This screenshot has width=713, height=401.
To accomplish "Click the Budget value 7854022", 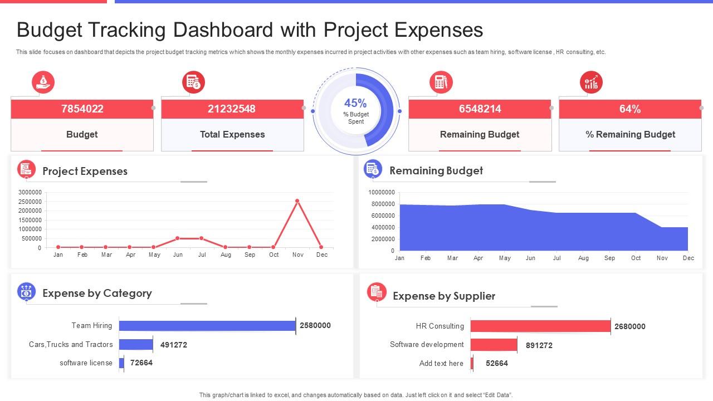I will tap(82, 109).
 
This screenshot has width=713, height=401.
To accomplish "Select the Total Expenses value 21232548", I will tap(232, 109).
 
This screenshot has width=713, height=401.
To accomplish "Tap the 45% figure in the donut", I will tap(355, 103).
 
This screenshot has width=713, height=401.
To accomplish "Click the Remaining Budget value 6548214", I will tap(480, 109).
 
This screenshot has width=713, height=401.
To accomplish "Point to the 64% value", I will tap(630, 109).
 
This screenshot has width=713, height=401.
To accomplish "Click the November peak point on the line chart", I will tap(297, 200).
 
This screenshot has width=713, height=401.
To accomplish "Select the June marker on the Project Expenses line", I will tap(178, 238).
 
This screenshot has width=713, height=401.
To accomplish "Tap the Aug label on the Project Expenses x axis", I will tap(226, 255).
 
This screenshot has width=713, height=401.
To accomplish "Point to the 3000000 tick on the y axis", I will tap(30, 192).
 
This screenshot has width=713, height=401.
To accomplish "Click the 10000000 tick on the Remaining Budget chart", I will tap(382, 192).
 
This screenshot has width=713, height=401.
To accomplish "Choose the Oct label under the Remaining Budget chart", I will tap(636, 258).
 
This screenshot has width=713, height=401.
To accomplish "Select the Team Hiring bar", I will tap(207, 326).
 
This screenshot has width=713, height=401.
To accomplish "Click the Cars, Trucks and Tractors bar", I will tap(136, 345).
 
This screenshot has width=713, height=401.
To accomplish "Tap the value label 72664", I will tap(141, 363).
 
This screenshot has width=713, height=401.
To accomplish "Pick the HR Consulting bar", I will tap(540, 326).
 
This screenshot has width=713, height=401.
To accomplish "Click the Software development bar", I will tap(494, 345).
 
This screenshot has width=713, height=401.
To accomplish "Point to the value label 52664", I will tap(497, 363).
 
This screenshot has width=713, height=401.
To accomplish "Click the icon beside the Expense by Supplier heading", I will tap(377, 292).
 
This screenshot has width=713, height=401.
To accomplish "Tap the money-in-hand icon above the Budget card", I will tap(43, 82).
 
